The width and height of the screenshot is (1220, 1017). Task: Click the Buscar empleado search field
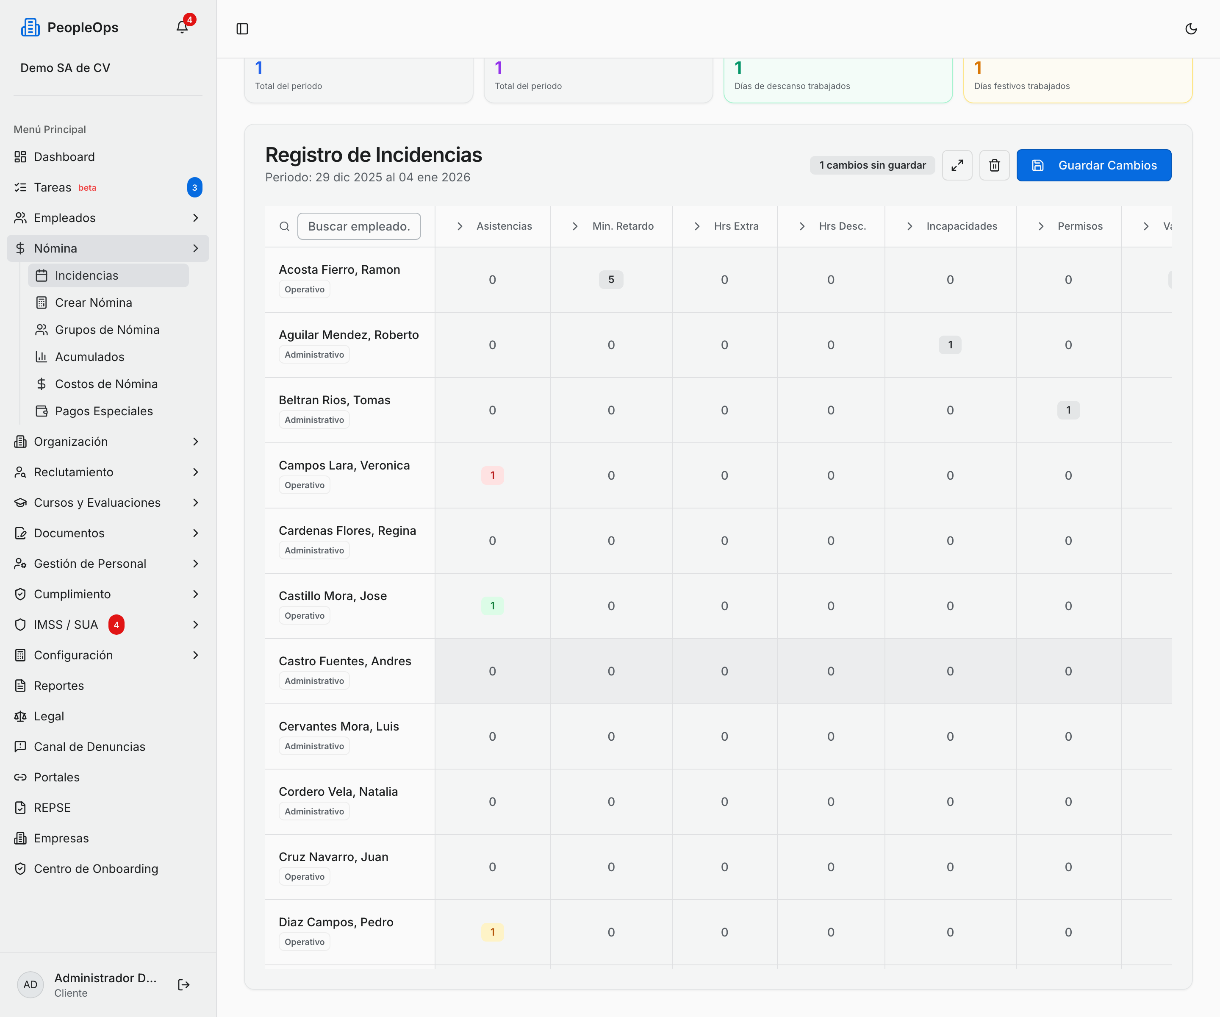pos(359,226)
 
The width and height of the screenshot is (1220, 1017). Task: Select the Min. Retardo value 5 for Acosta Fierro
pos(611,280)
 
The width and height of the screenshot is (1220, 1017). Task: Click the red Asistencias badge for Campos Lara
pos(492,475)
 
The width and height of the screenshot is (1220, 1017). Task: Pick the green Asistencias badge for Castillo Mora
pos(492,606)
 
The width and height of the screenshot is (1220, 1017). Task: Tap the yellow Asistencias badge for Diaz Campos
pos(492,932)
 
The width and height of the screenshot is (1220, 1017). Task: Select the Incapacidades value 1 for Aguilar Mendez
pos(950,345)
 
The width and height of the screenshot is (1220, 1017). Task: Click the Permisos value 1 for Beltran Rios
pos(1068,410)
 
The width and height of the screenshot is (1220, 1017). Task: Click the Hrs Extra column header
pos(736,226)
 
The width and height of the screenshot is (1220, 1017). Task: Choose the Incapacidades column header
pos(962,226)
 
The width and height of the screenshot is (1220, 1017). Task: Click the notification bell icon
pos(182,27)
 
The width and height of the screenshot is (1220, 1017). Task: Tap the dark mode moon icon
pos(1191,28)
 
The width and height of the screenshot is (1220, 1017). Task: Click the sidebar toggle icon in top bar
pos(242,28)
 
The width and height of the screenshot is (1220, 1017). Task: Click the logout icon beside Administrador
pos(183,984)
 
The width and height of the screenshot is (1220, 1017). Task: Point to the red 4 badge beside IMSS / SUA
pos(116,625)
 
